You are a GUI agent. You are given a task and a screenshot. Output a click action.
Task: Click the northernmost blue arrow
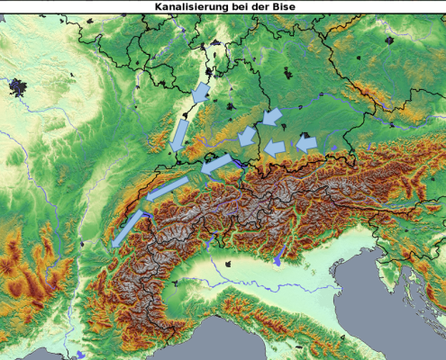pyautogui.click(x=201, y=92)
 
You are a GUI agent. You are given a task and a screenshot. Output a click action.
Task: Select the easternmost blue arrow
pyautogui.click(x=306, y=142)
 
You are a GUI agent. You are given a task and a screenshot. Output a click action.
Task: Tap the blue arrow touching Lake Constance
pyautogui.click(x=215, y=164)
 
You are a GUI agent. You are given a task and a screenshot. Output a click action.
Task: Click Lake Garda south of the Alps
pyautogui.click(x=278, y=260)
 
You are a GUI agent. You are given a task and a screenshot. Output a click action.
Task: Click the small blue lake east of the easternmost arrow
pyautogui.click(x=333, y=148)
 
